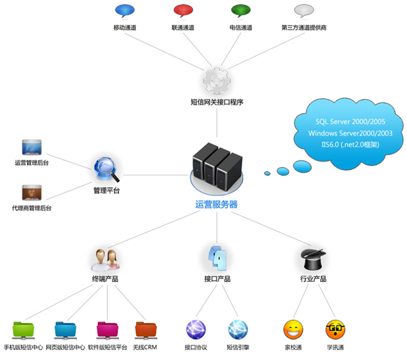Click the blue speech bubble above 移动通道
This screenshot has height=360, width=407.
[125, 11]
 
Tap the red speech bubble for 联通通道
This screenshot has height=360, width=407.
[182, 11]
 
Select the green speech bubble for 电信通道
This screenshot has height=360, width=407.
[241, 11]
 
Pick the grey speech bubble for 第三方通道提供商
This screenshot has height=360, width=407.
[303, 11]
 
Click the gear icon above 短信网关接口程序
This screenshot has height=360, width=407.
[216, 80]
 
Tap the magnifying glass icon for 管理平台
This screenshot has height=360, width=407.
[106, 169]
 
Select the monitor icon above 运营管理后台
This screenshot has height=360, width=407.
[32, 147]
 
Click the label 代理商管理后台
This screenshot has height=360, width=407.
[32, 208]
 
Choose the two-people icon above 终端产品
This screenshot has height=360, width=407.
[106, 259]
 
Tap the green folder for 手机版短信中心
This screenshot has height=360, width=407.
[26, 328]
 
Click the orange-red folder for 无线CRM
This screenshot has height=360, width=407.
[145, 328]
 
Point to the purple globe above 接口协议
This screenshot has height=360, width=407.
[196, 328]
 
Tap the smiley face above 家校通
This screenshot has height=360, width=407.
[293, 328]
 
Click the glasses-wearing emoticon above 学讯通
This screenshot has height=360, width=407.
[335, 328]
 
